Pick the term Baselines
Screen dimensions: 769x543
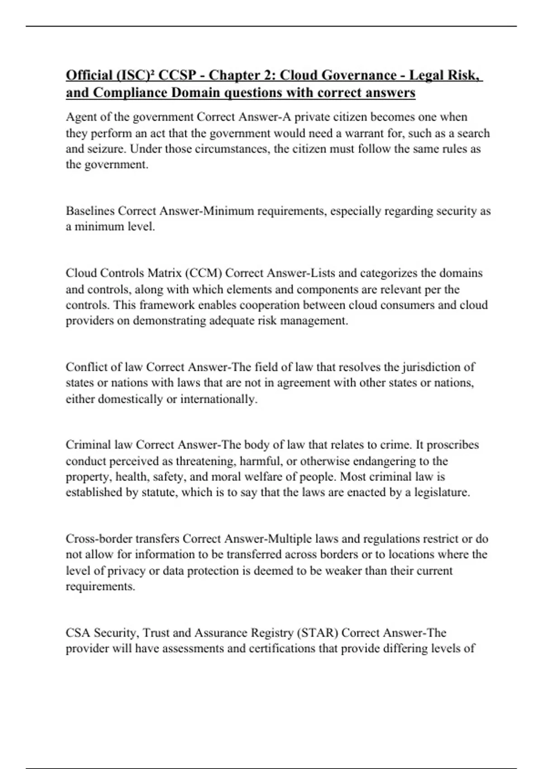click(90, 211)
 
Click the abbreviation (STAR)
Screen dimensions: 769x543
click(317, 633)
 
